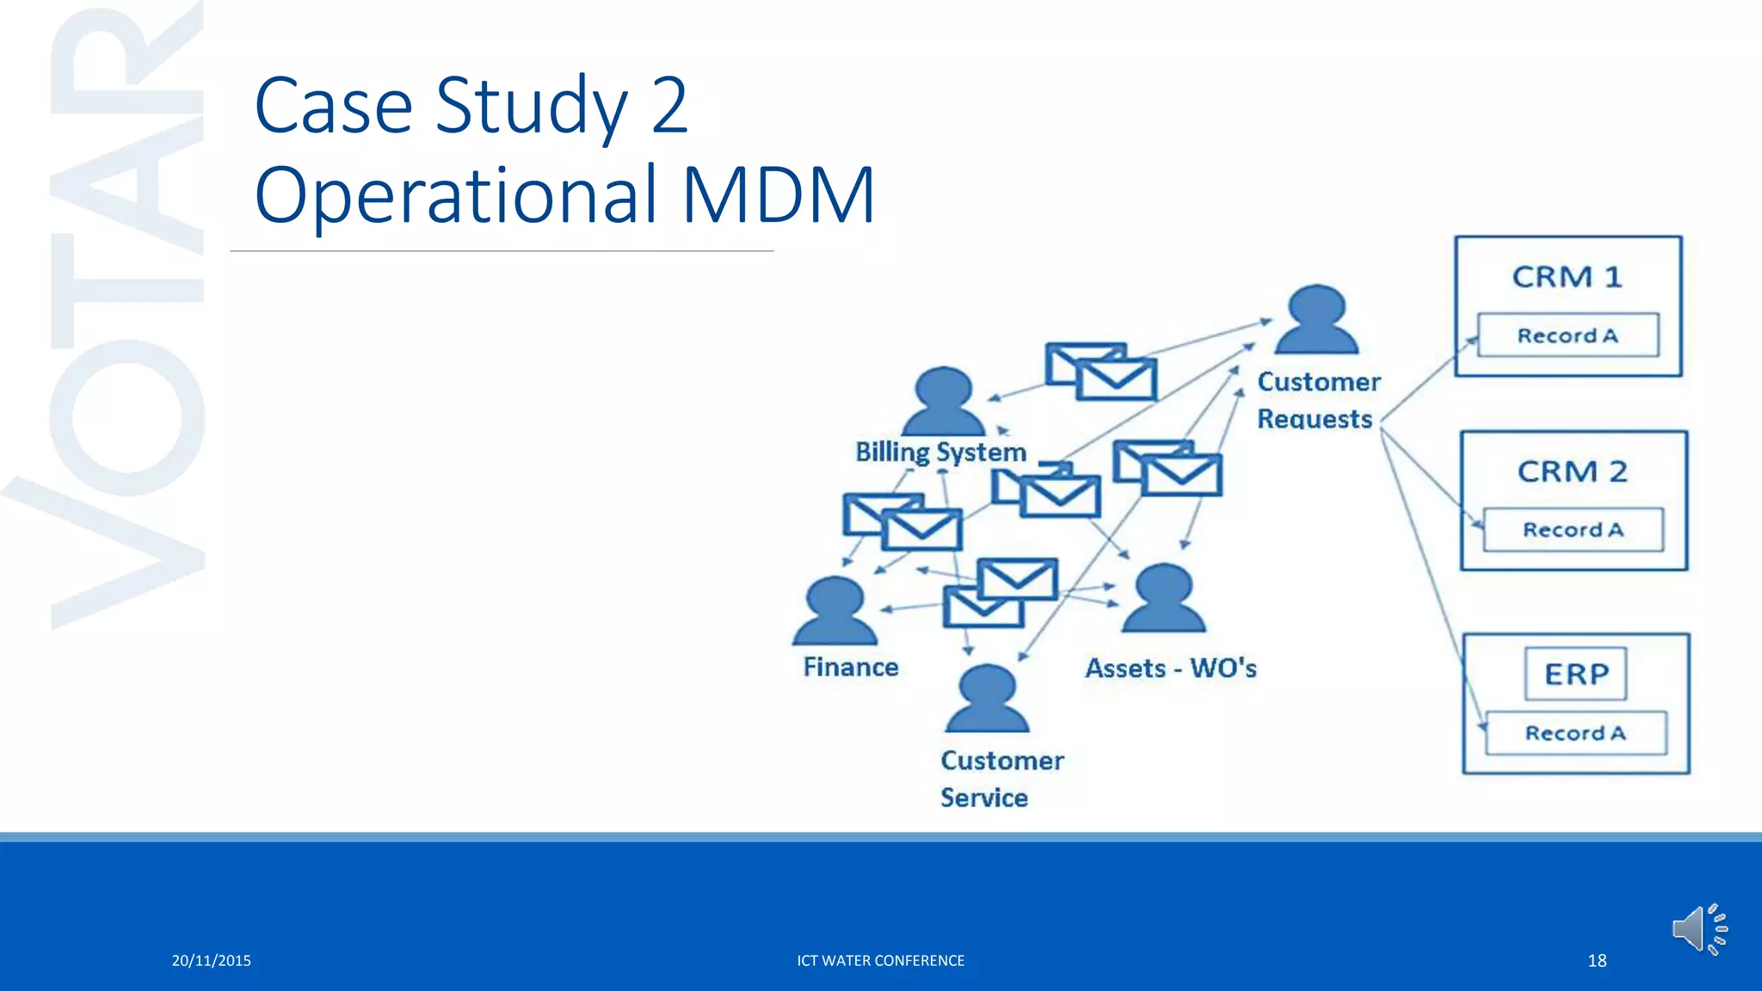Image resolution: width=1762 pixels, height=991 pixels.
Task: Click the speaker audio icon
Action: coord(1698,929)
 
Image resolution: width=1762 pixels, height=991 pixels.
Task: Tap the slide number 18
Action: coord(1597,961)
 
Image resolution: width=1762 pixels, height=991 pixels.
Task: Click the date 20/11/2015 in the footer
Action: coord(211,961)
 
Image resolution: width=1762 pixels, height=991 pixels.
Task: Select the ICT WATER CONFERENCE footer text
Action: coord(880,961)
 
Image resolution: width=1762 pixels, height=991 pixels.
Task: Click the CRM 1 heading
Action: coord(1567,277)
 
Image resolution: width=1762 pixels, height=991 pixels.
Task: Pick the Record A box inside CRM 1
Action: coord(1568,335)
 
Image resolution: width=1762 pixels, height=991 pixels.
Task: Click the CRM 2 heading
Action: coord(1572,471)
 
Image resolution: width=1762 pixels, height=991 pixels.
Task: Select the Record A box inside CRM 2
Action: coord(1573,530)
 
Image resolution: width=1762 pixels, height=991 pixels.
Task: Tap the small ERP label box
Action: coord(1575,674)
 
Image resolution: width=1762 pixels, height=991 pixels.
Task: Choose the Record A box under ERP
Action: coord(1575,733)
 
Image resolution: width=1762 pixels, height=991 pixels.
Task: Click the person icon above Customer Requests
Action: coord(1316,320)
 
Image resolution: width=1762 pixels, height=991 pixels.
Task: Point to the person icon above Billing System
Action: coord(943,402)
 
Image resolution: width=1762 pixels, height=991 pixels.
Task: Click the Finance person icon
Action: coord(835,612)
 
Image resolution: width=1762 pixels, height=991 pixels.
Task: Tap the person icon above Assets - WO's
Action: coord(1163,599)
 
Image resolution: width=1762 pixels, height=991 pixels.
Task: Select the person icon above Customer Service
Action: coord(987,699)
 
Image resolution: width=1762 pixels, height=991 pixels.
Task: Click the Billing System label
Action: coord(940,452)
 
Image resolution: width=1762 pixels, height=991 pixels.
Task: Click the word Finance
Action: coord(850,668)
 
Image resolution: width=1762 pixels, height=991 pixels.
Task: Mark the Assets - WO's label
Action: coord(1170,668)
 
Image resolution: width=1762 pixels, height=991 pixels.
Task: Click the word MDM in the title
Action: coord(779,195)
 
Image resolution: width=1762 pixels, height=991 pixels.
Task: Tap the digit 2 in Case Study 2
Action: coord(669,106)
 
